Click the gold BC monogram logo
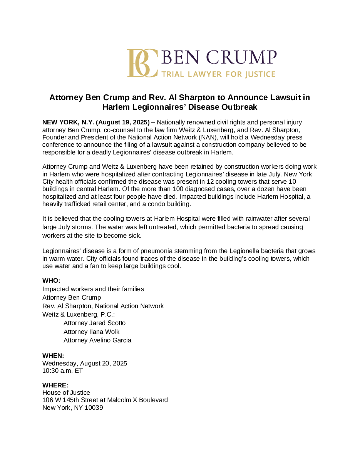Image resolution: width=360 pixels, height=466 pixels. pyautogui.click(x=142, y=63)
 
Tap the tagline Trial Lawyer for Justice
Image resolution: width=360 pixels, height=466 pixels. pyautogui.click(x=218, y=74)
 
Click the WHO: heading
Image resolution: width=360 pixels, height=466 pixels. pyautogui.click(x=51, y=281)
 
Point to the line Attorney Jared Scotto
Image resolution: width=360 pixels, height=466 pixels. pyautogui.click(x=94, y=323)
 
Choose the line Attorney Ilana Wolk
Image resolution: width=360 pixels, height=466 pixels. pyautogui.click(x=91, y=332)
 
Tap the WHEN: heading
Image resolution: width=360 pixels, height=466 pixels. pyautogui.click(x=53, y=356)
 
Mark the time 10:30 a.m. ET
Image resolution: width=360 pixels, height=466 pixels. pyautogui.click(x=62, y=371)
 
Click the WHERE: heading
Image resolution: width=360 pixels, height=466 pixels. pyautogui.click(x=55, y=386)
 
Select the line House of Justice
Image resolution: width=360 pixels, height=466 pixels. pyautogui.click(x=66, y=393)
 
